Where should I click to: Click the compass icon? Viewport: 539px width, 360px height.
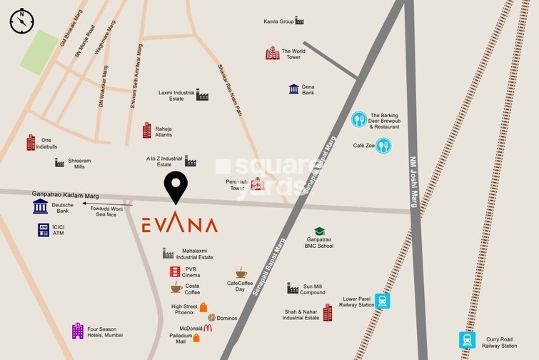tap(21, 21)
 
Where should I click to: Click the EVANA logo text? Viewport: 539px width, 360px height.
tap(179, 225)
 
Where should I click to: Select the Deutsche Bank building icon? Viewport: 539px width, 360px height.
tap(41, 206)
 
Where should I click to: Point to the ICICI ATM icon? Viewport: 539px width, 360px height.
tap(44, 230)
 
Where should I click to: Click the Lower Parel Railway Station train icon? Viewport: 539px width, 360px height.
tap(383, 301)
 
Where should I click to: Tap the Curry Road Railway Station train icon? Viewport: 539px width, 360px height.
tap(468, 339)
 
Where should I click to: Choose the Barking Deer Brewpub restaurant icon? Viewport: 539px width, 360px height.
tap(358, 120)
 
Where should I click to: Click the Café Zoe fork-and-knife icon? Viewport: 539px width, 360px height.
tap(383, 146)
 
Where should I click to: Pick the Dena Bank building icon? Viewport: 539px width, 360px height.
tap(293, 89)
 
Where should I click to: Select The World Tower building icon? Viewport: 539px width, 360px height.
tap(272, 53)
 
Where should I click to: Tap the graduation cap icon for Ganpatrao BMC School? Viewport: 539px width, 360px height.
tap(319, 231)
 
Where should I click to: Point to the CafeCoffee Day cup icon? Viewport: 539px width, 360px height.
tap(241, 273)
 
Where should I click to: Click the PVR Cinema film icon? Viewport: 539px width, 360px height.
tap(175, 271)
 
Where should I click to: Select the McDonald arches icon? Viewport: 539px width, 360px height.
tap(208, 328)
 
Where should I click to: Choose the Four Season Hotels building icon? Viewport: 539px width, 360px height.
tap(78, 331)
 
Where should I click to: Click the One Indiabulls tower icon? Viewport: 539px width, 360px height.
tap(31, 143)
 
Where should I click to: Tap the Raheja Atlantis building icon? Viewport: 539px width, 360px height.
tap(147, 131)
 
